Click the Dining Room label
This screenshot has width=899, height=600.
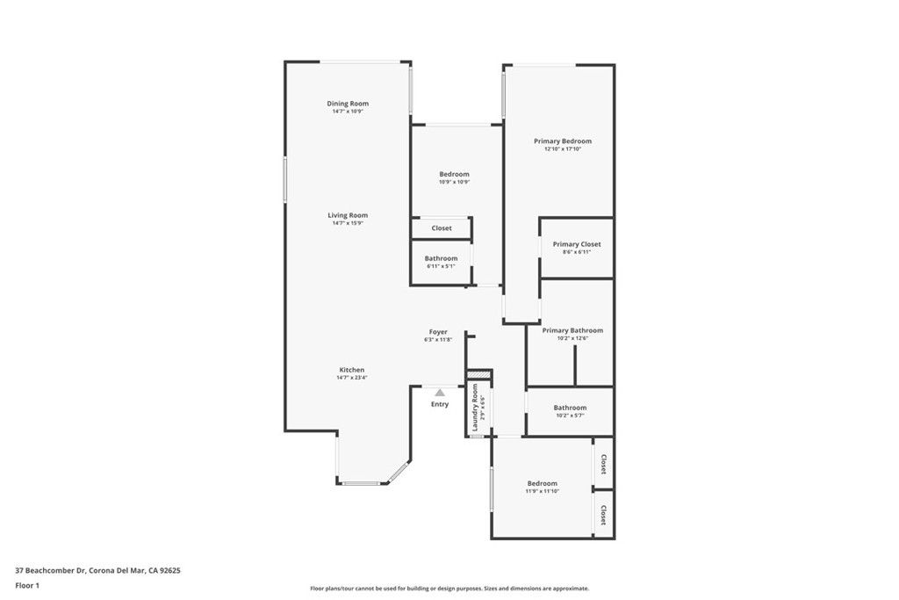coord(348,104)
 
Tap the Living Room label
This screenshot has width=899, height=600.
coord(348,215)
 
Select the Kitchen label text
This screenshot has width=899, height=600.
coord(351,370)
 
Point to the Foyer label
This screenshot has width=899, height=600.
coord(438,331)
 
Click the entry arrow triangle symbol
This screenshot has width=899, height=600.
coord(439,392)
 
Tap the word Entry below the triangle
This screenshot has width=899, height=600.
coord(439,404)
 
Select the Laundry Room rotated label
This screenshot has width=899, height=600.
coord(475,408)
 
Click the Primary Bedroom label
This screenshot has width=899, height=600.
coord(563,141)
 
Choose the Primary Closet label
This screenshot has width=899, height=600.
coord(577,244)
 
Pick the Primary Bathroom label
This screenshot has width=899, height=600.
coord(572,330)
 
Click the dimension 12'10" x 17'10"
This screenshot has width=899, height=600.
coord(563,149)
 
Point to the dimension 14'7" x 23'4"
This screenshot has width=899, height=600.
coord(351,378)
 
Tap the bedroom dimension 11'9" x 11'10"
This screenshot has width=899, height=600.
coord(542,491)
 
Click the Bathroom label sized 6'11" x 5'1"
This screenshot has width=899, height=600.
coord(441,258)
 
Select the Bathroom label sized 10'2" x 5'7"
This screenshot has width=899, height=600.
coord(570,408)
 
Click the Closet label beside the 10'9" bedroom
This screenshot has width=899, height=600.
coord(442,228)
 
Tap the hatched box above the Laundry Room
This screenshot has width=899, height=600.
coord(478,375)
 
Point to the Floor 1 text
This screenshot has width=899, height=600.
coord(28,584)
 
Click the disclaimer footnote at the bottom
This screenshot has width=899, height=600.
coord(449,589)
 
